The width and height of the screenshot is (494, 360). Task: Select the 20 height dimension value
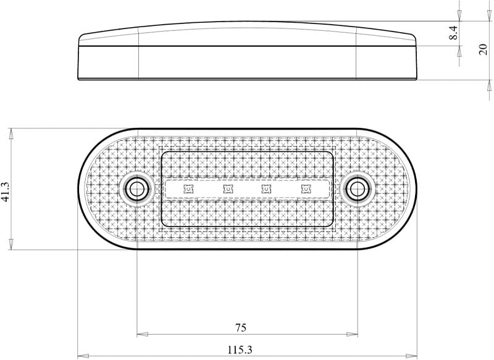coord(483,49)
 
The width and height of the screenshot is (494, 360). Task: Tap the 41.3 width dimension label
coord(6,191)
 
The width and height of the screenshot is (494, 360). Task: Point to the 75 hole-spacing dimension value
coord(241,328)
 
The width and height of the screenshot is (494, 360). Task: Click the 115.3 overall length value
coord(240,350)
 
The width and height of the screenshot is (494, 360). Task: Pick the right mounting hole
coord(358,189)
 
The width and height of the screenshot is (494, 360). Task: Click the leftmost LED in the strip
coord(188,189)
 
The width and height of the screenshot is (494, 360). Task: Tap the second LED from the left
coord(228,189)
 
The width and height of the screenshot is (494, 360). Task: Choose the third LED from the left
coord(267,189)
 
